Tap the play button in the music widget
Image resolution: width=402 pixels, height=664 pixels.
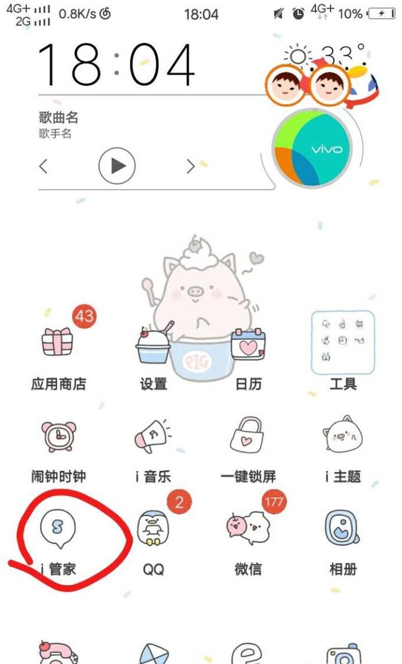point(117,166)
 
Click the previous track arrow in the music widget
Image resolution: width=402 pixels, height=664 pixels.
point(43,166)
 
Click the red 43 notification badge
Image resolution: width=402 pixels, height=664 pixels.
point(84,316)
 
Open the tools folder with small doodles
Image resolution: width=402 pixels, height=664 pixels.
point(343,343)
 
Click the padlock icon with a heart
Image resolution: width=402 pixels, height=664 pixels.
point(248,435)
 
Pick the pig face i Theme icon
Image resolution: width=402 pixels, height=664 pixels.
point(342,437)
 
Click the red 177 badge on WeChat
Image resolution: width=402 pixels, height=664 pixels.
point(274,502)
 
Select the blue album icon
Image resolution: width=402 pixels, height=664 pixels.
point(342,527)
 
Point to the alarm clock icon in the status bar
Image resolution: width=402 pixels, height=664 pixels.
point(299,14)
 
